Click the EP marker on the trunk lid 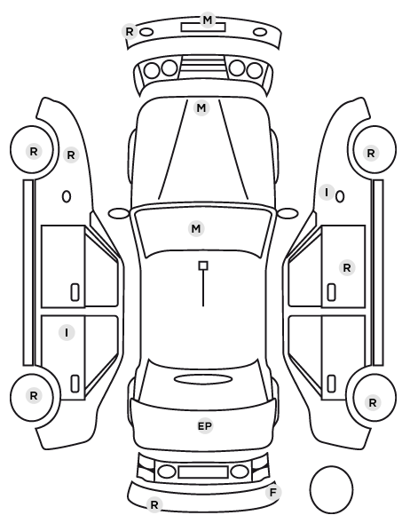pos(205,426)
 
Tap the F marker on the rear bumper pos(273,492)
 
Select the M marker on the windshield pos(196,228)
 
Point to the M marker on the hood pos(201,108)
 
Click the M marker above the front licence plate pos(207,20)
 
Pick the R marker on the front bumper pos(130,31)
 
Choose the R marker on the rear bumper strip pos(154,505)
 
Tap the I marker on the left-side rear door pos(67,333)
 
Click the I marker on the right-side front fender pos(327,193)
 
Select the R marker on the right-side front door pos(347,268)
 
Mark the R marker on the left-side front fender pos(71,155)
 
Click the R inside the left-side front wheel pos(34,151)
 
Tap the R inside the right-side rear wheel pos(373,402)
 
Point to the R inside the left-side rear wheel pos(34,395)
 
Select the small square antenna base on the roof pos(203,265)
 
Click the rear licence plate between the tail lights pos(203,472)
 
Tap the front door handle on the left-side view pos(75,292)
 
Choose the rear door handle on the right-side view pos(331,384)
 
